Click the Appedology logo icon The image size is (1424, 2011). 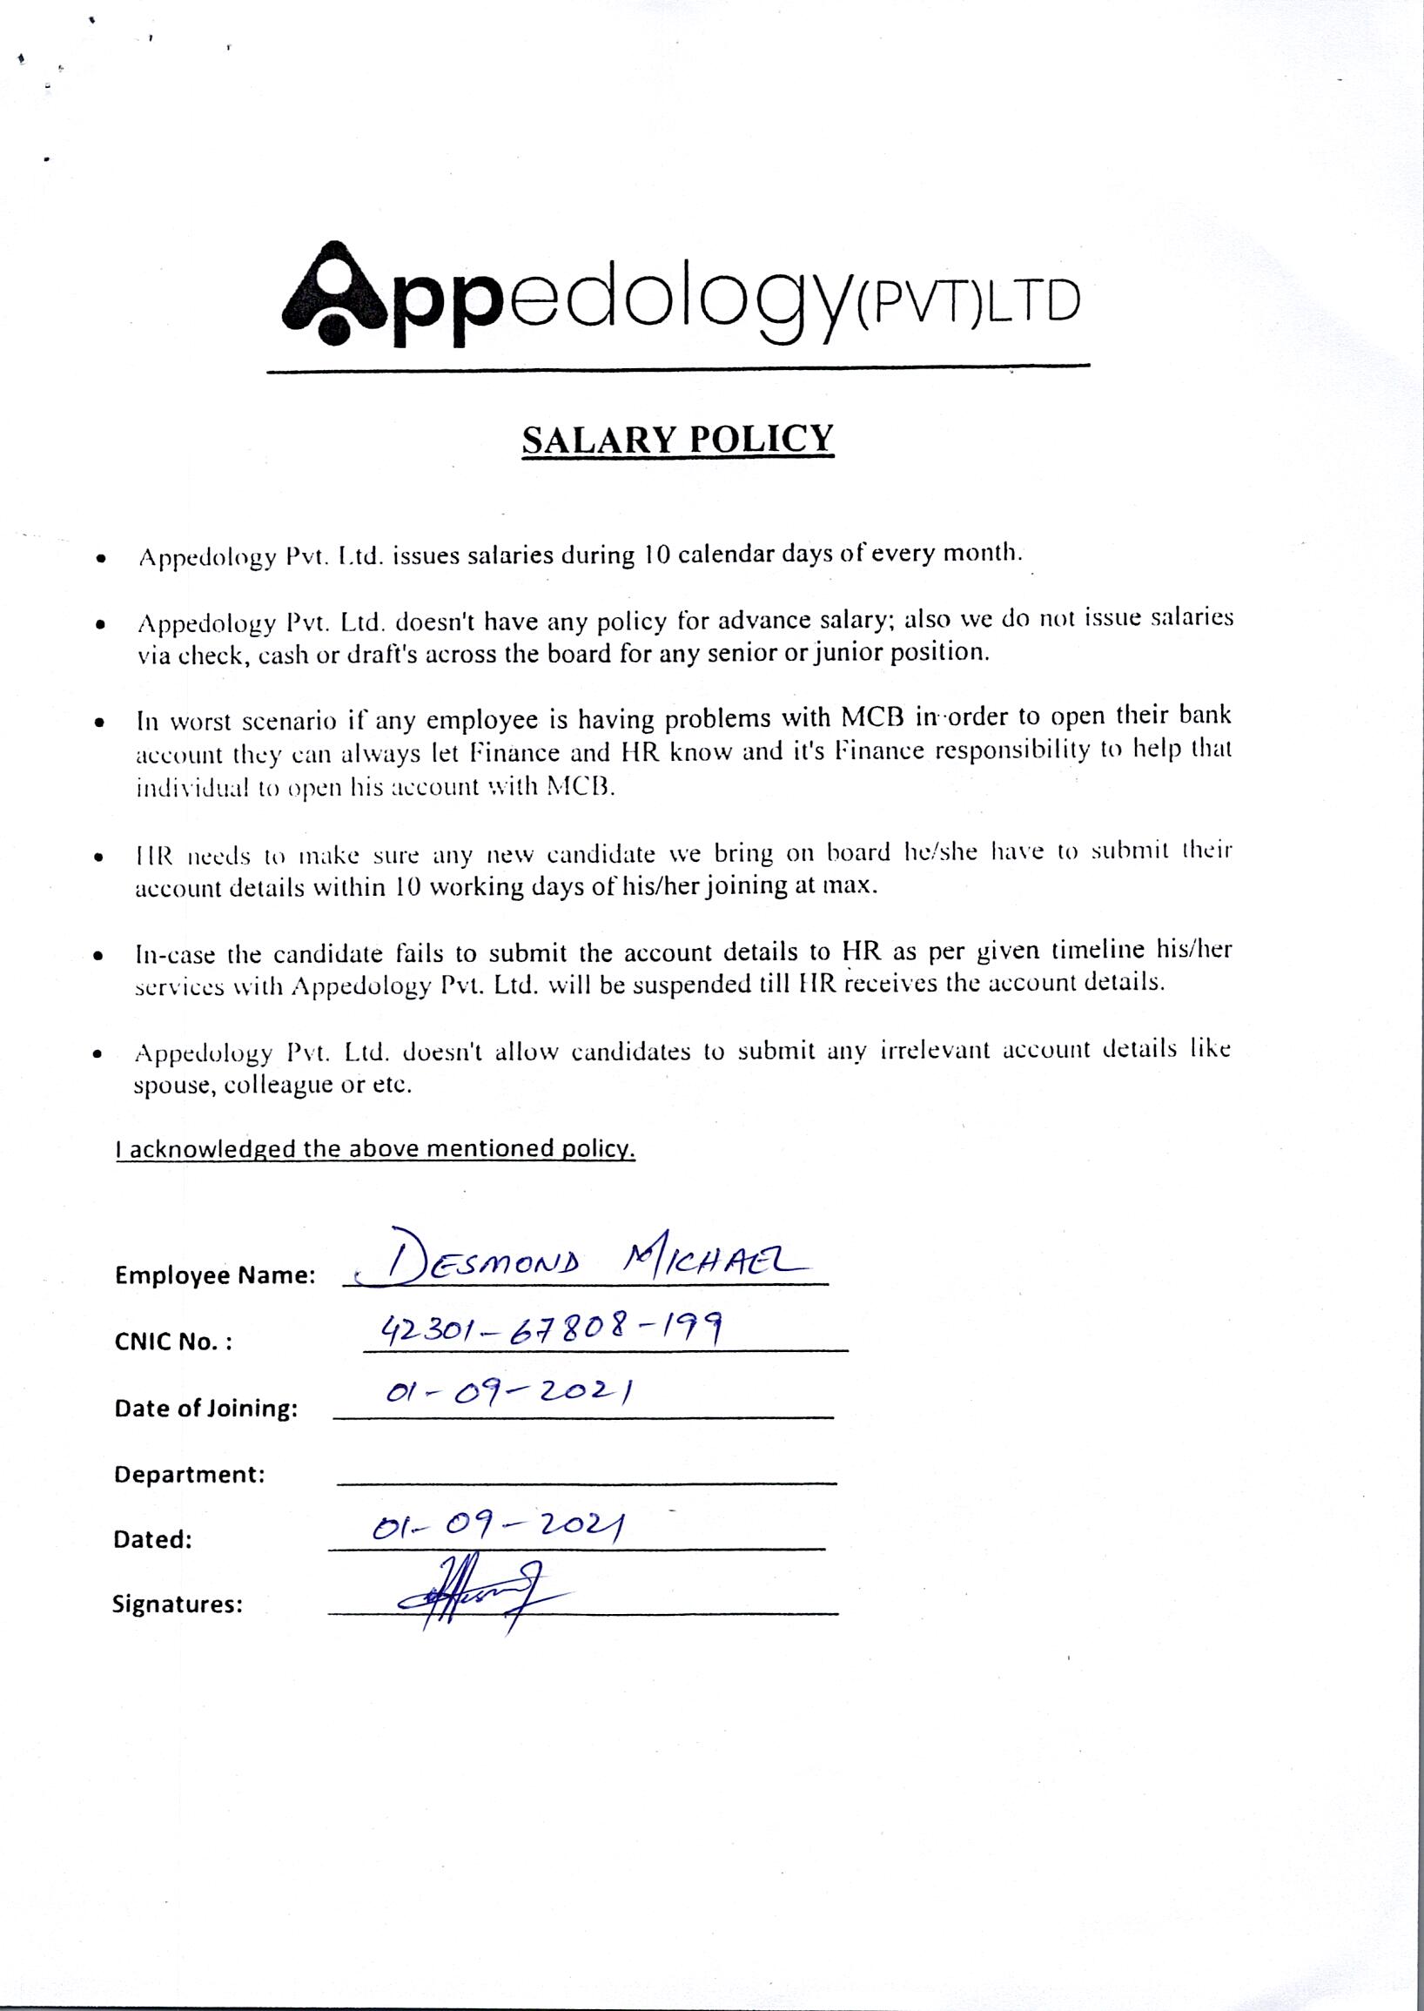[333, 294]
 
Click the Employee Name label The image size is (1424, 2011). [215, 1277]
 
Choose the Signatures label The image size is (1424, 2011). [177, 1605]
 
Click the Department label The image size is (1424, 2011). [190, 1474]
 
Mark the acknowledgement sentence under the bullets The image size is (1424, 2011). [375, 1149]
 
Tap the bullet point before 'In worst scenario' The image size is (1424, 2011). [102, 724]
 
